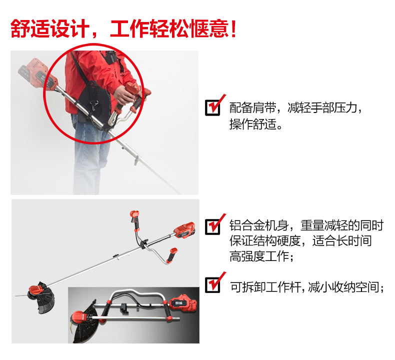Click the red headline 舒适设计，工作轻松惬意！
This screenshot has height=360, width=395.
click(x=123, y=28)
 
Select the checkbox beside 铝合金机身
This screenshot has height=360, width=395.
click(x=212, y=226)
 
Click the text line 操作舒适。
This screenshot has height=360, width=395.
click(x=256, y=124)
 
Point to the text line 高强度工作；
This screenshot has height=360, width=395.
click(x=261, y=256)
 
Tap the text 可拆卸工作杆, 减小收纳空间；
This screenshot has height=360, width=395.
click(x=307, y=286)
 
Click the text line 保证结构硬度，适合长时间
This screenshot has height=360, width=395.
click(x=301, y=241)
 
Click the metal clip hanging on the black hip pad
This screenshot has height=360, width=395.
click(x=94, y=104)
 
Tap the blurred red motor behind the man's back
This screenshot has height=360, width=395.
click(x=35, y=72)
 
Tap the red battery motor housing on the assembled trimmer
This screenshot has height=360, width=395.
click(x=185, y=230)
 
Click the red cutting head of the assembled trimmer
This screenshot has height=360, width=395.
click(x=36, y=292)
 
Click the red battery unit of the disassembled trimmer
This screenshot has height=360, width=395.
click(x=182, y=302)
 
